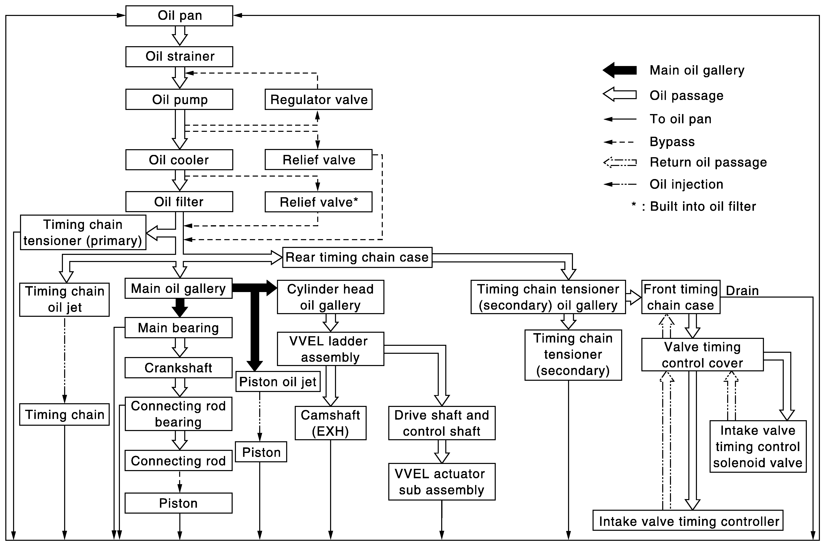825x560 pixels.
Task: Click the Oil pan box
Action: (x=179, y=16)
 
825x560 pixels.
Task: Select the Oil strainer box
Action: (x=179, y=56)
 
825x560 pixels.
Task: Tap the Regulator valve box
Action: (x=318, y=99)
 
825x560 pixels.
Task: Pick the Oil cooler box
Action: (x=179, y=160)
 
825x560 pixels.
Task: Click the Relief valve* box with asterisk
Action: (x=318, y=202)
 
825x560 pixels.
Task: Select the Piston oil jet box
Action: (x=278, y=382)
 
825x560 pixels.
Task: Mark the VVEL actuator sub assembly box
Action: (x=442, y=482)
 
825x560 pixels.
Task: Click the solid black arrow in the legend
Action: (x=620, y=70)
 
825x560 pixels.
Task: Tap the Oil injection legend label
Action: (x=686, y=184)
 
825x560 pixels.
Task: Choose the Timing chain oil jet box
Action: (x=65, y=299)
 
